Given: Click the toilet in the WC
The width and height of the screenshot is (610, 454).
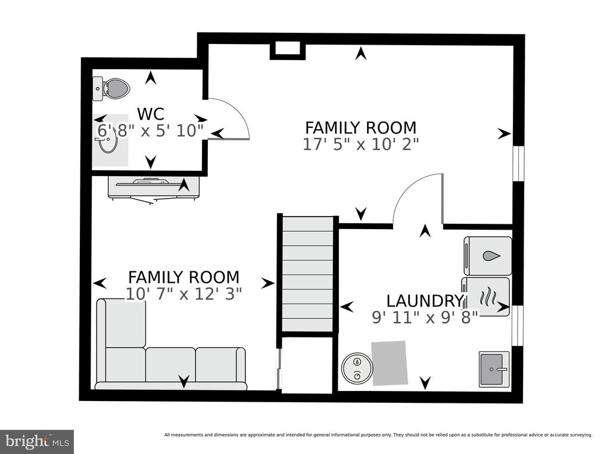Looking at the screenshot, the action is pyautogui.click(x=111, y=89).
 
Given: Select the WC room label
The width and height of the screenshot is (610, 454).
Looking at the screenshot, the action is pyautogui.click(x=151, y=114).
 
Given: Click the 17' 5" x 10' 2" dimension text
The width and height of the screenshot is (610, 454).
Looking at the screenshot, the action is pyautogui.click(x=360, y=145).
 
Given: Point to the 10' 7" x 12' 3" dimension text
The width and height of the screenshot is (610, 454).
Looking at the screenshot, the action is pyautogui.click(x=183, y=294).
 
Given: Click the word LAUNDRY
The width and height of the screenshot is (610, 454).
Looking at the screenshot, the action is pyautogui.click(x=425, y=301).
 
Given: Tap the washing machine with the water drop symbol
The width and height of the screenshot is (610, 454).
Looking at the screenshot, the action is pyautogui.click(x=488, y=255).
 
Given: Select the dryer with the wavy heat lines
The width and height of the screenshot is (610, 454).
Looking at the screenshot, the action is pyautogui.click(x=485, y=297).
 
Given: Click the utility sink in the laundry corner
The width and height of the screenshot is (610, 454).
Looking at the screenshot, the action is pyautogui.click(x=494, y=369).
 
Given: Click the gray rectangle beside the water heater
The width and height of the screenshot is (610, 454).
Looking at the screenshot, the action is pyautogui.click(x=390, y=363).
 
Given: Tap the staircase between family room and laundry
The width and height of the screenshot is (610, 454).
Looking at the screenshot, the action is pyautogui.click(x=307, y=274).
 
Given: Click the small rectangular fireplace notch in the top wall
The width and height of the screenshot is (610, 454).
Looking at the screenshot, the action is pyautogui.click(x=288, y=50).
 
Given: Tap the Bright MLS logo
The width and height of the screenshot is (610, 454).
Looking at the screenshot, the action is pyautogui.click(x=37, y=442).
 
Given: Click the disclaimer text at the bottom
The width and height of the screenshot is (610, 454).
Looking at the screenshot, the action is pyautogui.click(x=378, y=435).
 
